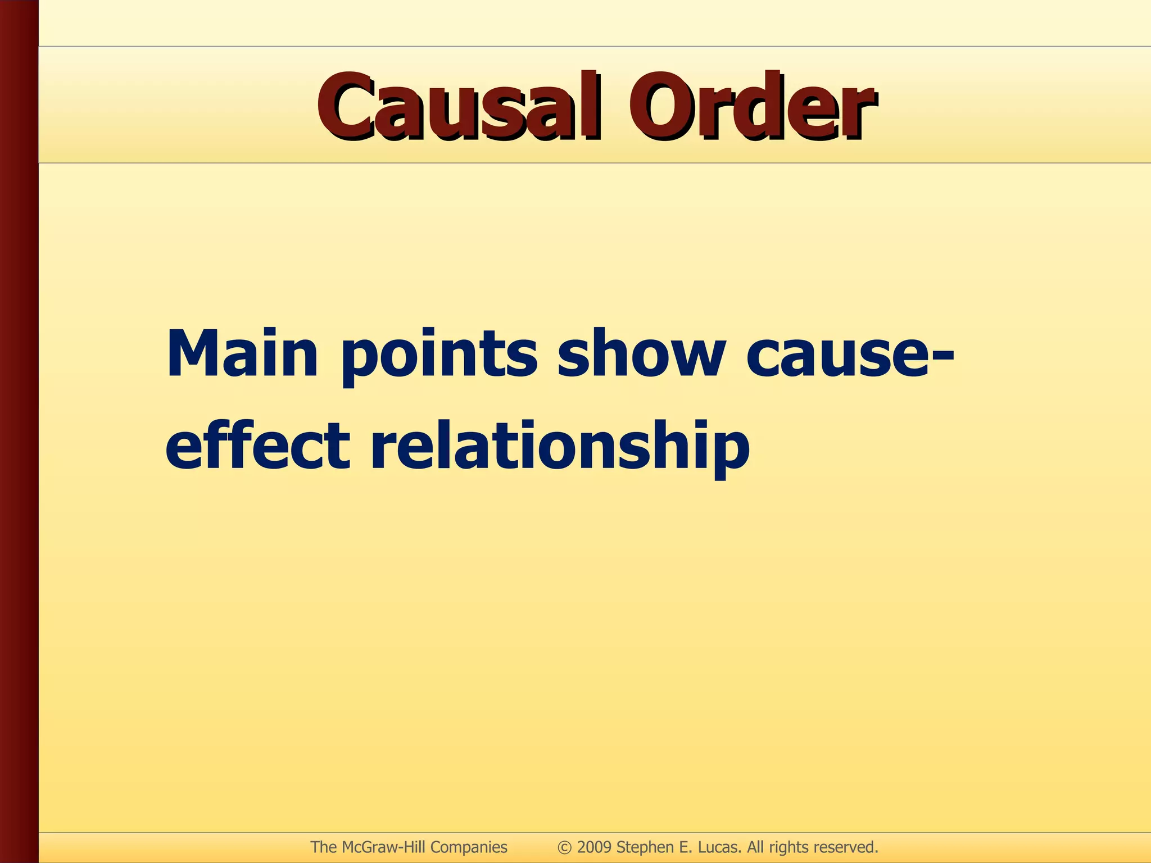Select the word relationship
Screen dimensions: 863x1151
(560, 447)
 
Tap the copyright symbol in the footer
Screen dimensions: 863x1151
(565, 847)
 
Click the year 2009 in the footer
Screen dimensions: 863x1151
(595, 847)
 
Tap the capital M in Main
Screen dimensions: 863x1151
(191, 354)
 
